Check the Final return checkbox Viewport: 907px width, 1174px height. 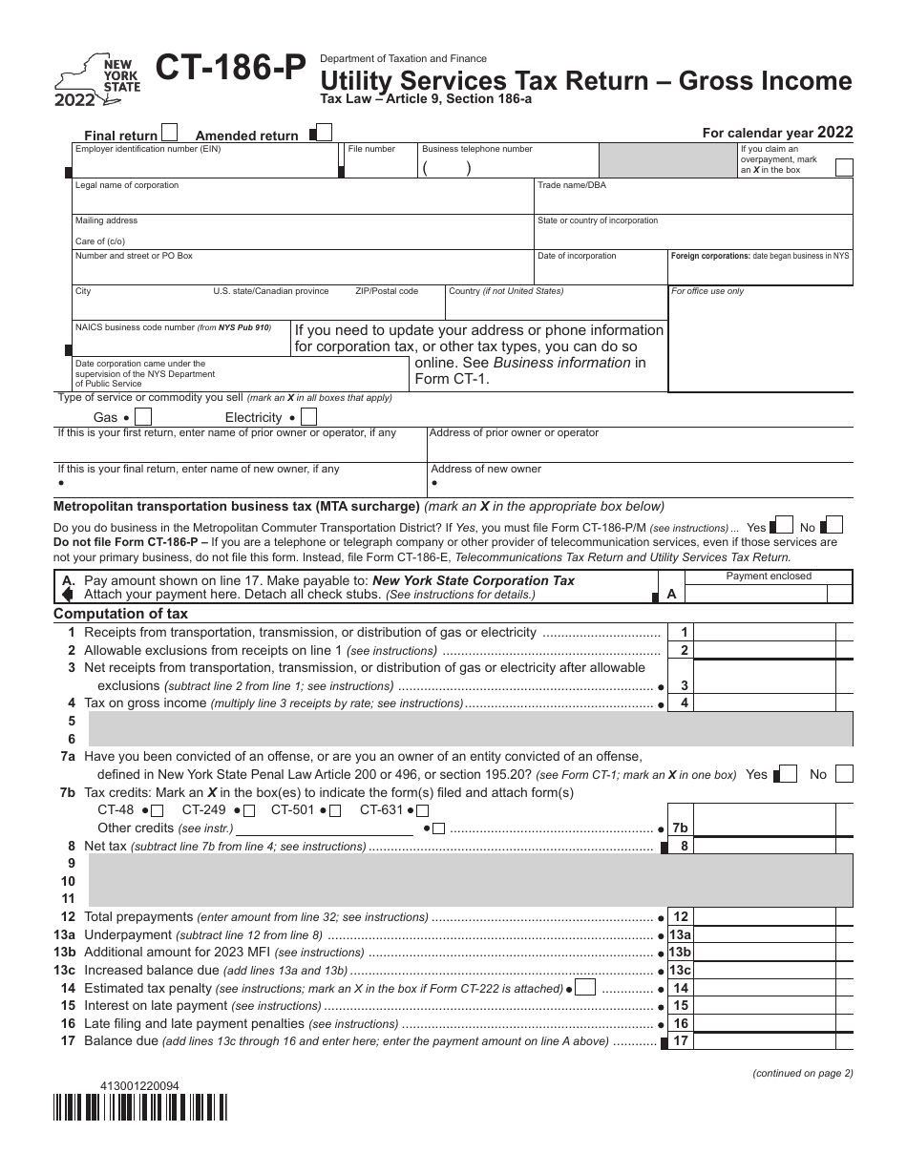click(170, 133)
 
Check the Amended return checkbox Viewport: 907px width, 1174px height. click(324, 133)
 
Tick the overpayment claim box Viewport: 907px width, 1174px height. click(844, 168)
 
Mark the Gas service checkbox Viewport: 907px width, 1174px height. click(143, 417)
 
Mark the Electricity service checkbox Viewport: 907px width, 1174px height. click(308, 417)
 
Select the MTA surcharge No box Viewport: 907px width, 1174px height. click(833, 526)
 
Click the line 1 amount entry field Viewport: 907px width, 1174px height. click(778, 632)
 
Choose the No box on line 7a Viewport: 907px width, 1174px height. click(843, 774)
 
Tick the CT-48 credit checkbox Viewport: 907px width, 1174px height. click(159, 811)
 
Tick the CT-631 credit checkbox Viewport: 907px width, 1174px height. click(422, 811)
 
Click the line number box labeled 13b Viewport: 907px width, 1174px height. click(680, 953)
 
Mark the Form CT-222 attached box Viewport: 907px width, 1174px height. click(586, 988)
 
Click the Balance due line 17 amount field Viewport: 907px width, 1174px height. click(778, 1041)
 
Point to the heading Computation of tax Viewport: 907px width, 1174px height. click(121, 614)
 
